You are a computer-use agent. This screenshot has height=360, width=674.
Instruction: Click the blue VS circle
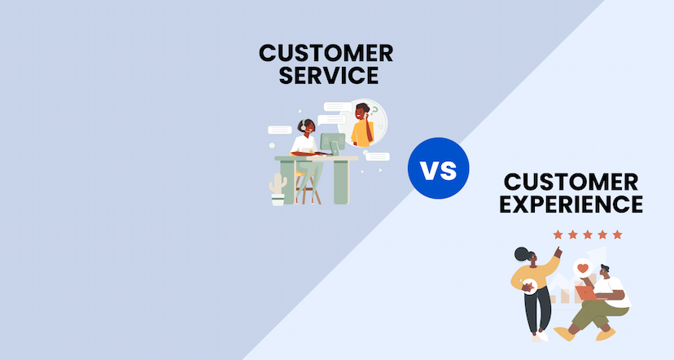[x=438, y=169]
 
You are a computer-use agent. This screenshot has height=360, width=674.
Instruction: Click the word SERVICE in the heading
[x=326, y=77]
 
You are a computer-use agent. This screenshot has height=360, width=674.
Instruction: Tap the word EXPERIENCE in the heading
[x=573, y=203]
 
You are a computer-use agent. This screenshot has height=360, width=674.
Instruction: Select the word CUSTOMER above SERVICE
[x=326, y=54]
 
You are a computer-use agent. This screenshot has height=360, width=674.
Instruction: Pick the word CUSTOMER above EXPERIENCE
[x=573, y=180]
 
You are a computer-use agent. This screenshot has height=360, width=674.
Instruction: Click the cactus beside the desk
[x=278, y=188]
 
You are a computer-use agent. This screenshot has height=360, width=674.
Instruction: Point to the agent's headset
[x=302, y=127]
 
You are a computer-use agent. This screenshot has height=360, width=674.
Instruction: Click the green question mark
[x=375, y=112]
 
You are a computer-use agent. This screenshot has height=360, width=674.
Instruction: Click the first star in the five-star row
[x=558, y=235]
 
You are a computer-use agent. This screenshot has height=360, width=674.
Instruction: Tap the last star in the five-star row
[x=617, y=235]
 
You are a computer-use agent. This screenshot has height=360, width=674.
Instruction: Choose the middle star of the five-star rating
[x=588, y=235]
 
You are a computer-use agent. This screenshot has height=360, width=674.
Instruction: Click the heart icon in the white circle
[x=581, y=266]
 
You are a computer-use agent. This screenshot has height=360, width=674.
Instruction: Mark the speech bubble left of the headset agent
[x=280, y=129]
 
